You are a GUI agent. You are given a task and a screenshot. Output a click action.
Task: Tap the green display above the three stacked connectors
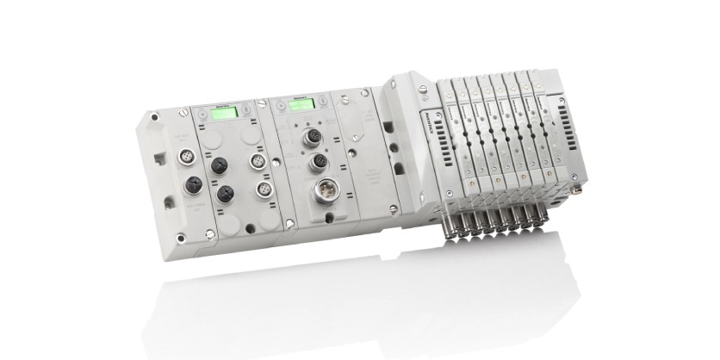click(x=300, y=104)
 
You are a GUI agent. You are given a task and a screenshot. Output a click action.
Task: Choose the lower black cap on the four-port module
click(x=225, y=194)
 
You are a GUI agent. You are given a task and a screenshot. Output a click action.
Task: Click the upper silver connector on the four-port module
click(x=255, y=161)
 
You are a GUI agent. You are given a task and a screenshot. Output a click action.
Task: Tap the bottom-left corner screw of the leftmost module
click(x=179, y=237)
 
